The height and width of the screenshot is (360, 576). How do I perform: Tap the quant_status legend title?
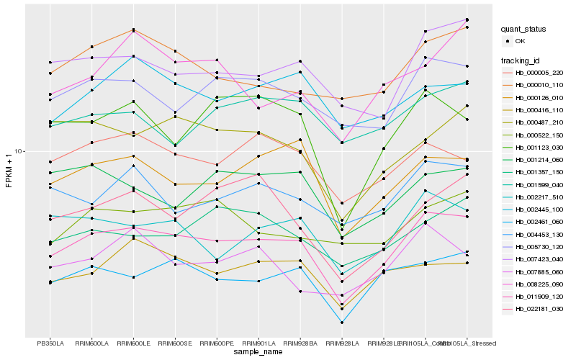point(523,30)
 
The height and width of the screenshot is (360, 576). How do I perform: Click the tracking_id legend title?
point(521,60)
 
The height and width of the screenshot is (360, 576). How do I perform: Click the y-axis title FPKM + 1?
point(9,170)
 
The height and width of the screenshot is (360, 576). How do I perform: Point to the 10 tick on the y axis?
point(19,151)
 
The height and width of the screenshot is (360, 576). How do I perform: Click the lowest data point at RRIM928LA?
point(343,322)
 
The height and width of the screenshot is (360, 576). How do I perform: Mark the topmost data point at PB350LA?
point(50,63)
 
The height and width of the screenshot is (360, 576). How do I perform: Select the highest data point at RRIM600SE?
point(176,51)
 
